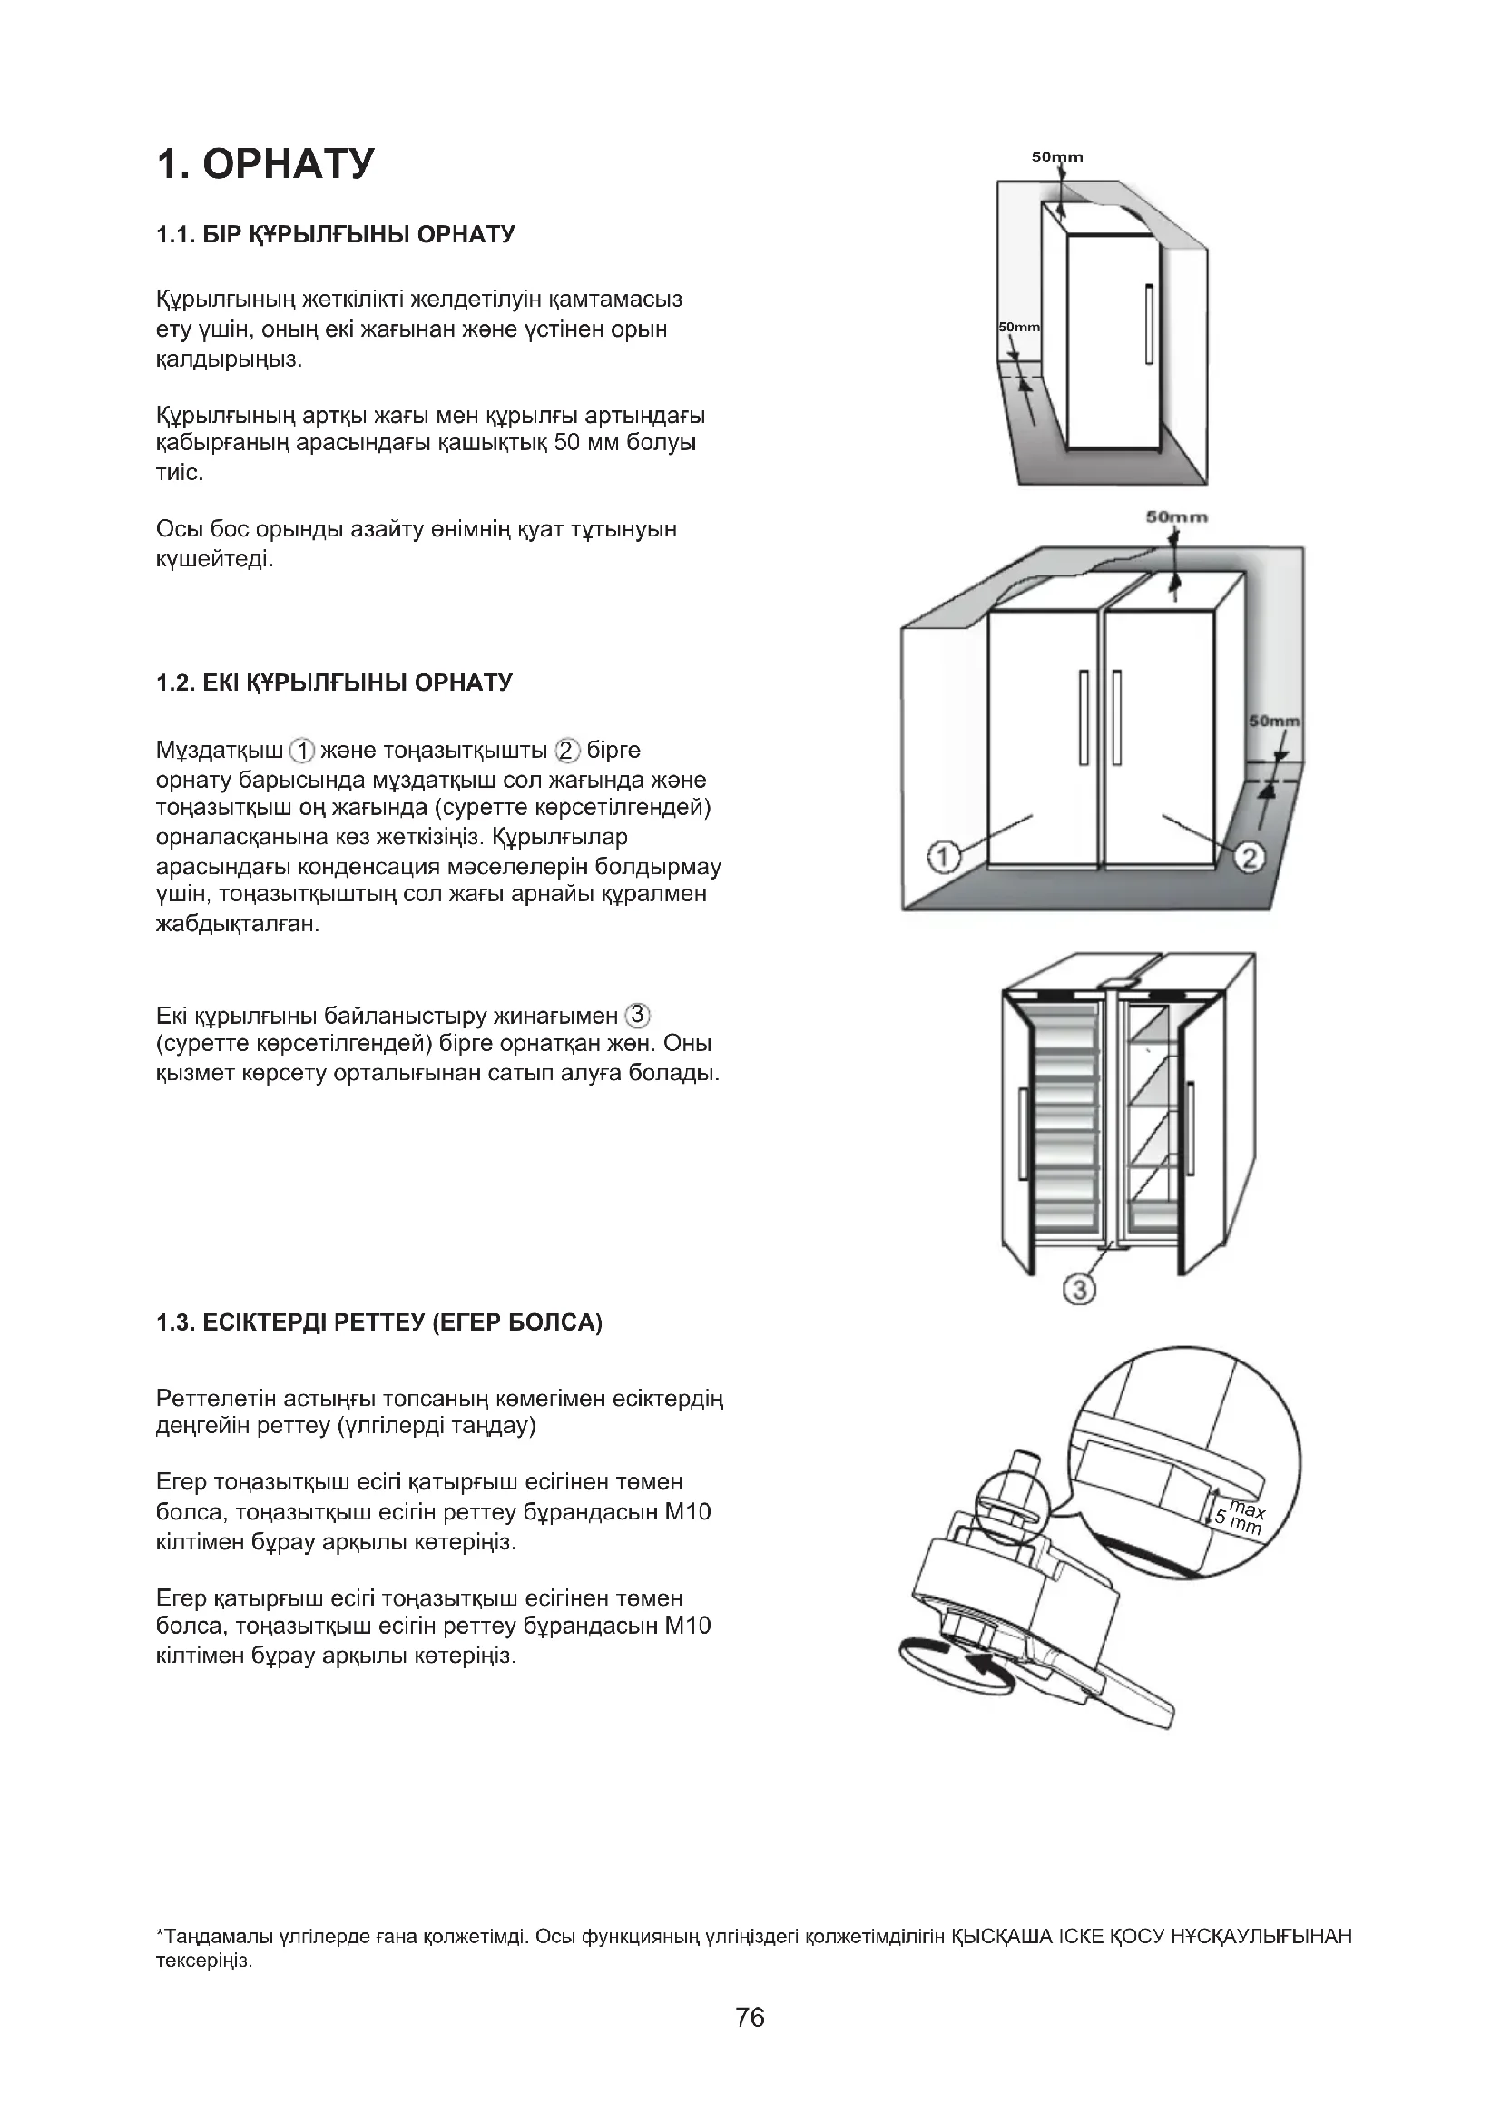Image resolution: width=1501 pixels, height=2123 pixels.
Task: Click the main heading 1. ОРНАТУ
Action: coord(266,163)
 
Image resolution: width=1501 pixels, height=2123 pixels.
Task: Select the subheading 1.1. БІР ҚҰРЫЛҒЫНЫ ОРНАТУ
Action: coord(336,234)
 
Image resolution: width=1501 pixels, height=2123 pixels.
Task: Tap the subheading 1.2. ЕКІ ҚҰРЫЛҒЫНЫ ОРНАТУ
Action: coord(334,683)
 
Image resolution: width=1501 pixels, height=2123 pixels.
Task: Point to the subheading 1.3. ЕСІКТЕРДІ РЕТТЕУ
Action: coord(379,1323)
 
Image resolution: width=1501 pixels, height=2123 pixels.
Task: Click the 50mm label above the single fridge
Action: coord(1057,157)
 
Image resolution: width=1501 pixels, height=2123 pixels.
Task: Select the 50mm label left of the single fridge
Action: coord(1018,328)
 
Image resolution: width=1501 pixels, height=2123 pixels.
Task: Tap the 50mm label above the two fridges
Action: coord(1177,516)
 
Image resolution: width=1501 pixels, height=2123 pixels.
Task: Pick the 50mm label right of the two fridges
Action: coord(1273,722)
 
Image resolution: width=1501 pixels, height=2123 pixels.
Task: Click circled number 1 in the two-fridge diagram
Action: coord(942,858)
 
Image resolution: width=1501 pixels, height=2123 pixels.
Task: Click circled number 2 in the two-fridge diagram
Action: coord(1249,858)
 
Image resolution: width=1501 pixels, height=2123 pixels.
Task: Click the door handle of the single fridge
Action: coord(1148,324)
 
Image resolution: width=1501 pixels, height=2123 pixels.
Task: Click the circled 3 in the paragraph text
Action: coord(638,1016)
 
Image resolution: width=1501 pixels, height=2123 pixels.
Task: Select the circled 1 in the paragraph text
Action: coord(302,750)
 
